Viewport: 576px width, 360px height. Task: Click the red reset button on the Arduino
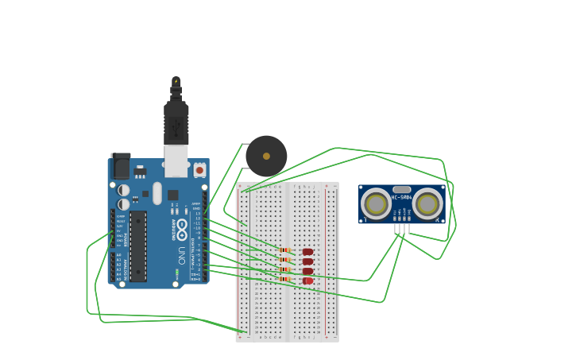pos(199,169)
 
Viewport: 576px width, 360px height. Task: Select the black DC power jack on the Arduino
pos(121,166)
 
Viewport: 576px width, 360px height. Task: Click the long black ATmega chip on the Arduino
pos(138,246)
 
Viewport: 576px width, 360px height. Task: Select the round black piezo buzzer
pos(266,156)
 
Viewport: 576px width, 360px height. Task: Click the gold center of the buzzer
pos(266,156)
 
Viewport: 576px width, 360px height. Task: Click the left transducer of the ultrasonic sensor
pos(376,204)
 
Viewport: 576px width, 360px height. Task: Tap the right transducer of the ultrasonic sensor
pos(427,204)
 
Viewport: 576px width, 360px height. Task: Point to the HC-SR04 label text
pos(402,198)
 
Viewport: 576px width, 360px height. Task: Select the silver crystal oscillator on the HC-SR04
pos(402,190)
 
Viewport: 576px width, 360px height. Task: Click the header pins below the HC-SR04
pos(402,229)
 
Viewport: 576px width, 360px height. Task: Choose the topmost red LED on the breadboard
pos(307,252)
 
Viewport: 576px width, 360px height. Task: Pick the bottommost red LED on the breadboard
pos(307,281)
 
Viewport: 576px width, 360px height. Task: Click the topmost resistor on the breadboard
pos(284,250)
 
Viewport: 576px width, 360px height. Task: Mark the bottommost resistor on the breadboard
pos(284,279)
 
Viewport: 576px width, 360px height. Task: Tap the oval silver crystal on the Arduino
pos(157,193)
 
